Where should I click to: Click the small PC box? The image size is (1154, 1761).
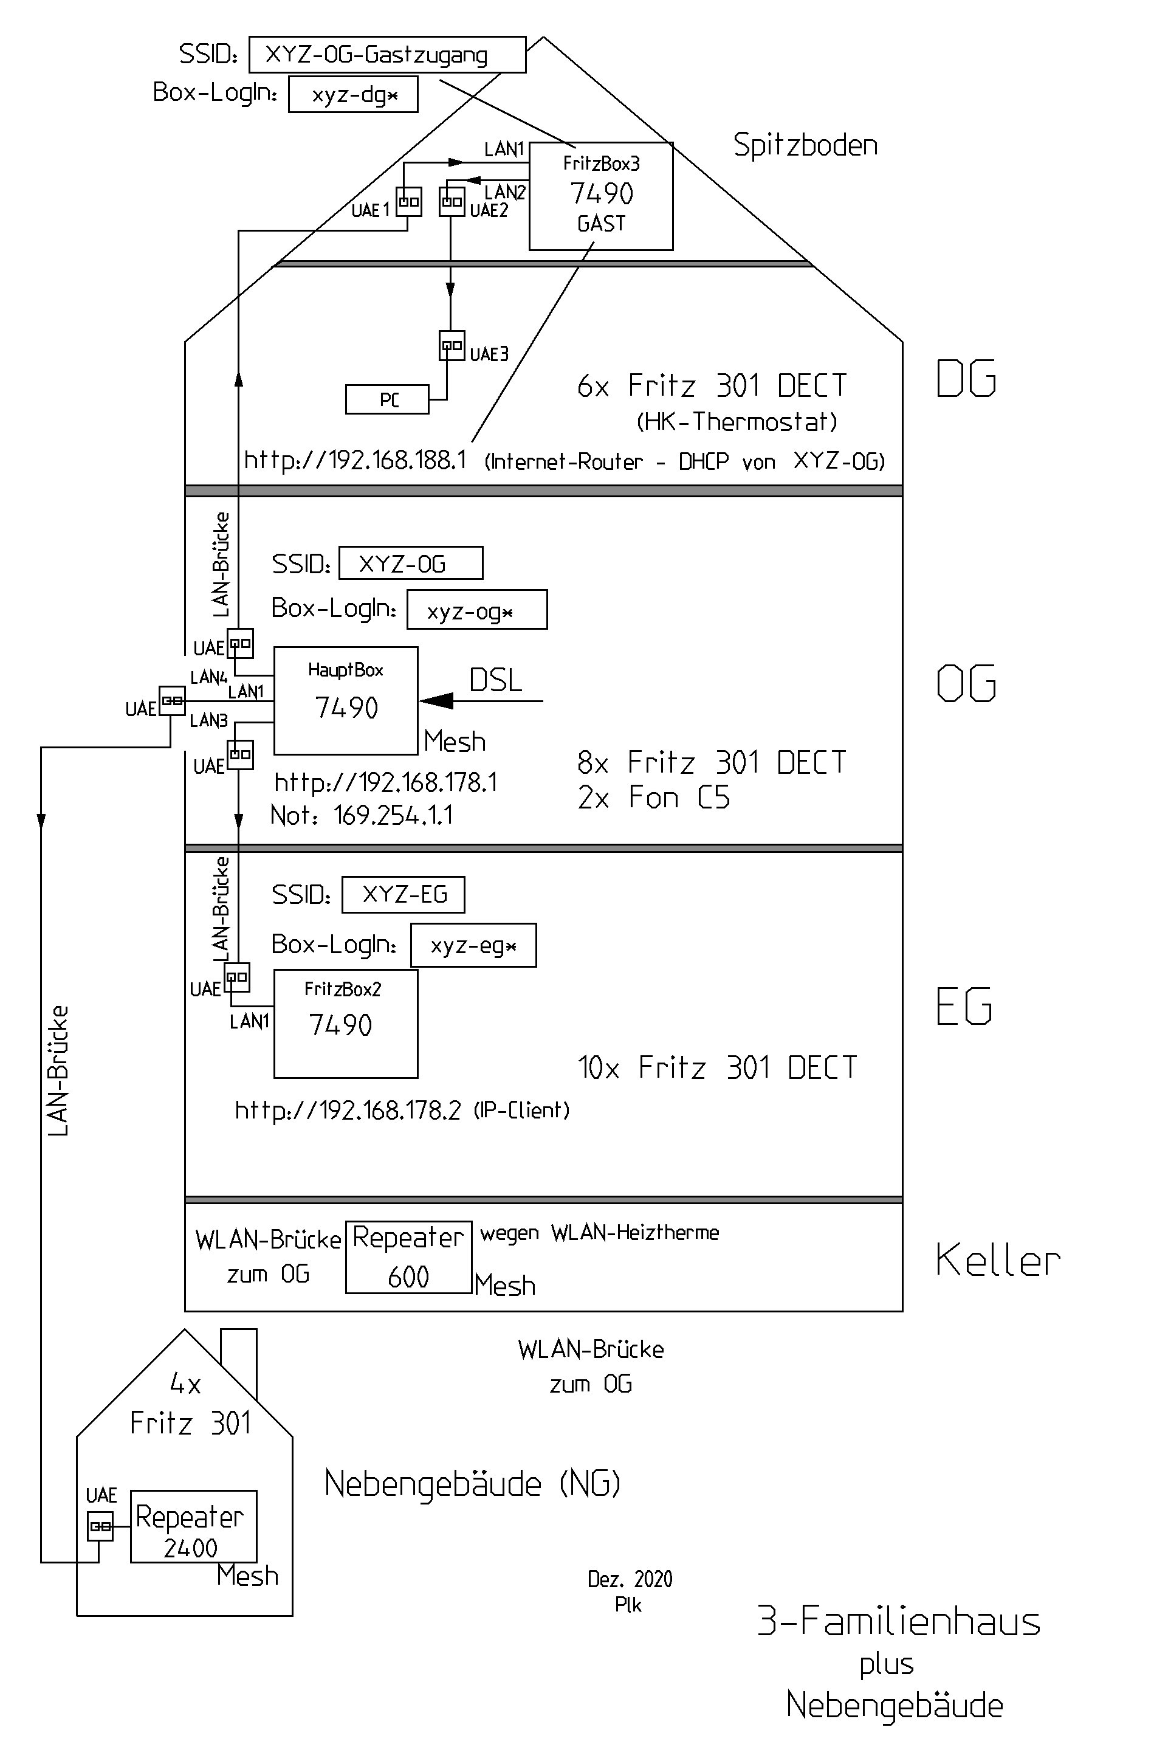[x=387, y=399]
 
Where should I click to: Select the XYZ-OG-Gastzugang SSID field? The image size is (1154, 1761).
[x=387, y=55]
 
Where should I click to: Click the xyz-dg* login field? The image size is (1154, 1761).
[x=353, y=95]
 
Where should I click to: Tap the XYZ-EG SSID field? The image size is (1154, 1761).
[x=403, y=895]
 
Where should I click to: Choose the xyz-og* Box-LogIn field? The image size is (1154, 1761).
[x=476, y=610]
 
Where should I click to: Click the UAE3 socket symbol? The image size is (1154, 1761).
[x=452, y=345]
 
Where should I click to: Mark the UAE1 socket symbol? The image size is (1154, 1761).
[x=409, y=201]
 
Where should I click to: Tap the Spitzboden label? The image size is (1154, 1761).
[x=805, y=145]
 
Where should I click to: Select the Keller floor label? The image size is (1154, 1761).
[x=997, y=1260]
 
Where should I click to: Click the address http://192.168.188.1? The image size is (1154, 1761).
[x=355, y=460]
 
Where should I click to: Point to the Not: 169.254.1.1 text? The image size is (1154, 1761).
[x=361, y=815]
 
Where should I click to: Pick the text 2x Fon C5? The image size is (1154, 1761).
[x=653, y=798]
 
